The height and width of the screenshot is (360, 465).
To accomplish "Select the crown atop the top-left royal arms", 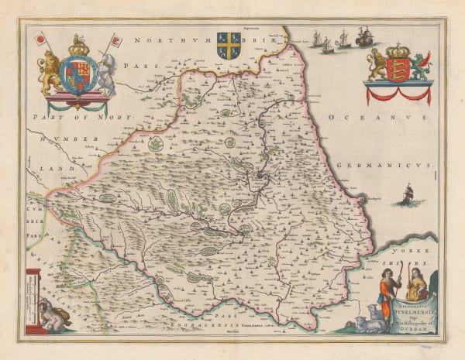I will (79, 46).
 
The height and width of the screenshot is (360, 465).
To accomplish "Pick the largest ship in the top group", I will (363, 36).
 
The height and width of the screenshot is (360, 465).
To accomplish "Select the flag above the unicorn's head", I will (117, 39).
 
